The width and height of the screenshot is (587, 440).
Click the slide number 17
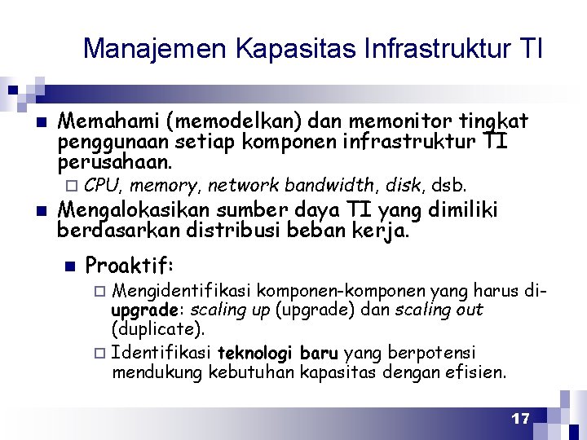pyautogui.click(x=520, y=419)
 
